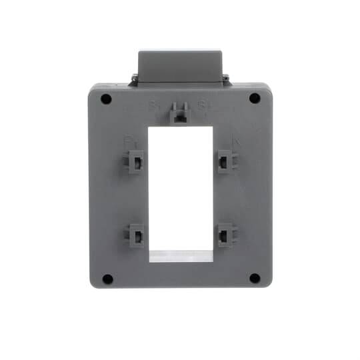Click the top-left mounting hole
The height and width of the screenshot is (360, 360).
(107, 99)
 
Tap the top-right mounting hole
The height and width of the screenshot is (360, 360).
(254, 98)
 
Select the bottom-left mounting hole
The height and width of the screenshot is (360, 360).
(107, 279)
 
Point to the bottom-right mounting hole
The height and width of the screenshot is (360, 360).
(254, 278)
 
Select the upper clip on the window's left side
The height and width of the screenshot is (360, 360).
(136, 161)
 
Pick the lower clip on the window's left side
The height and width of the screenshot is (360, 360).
(136, 235)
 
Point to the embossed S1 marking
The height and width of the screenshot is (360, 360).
(155, 105)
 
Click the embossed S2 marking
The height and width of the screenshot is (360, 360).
(203, 105)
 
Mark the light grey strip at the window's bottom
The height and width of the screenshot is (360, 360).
(180, 256)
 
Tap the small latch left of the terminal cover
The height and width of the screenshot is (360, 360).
(134, 80)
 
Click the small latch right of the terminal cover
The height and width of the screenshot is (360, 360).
(226, 80)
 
